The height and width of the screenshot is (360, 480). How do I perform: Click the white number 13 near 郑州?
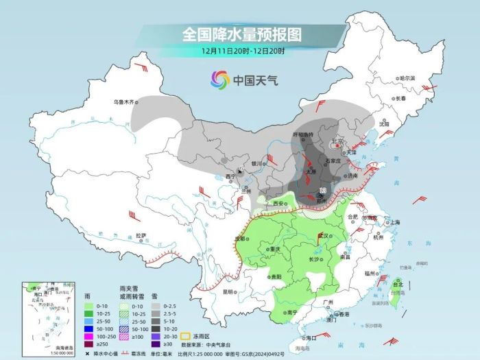322,189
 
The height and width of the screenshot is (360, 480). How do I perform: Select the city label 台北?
397,282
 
